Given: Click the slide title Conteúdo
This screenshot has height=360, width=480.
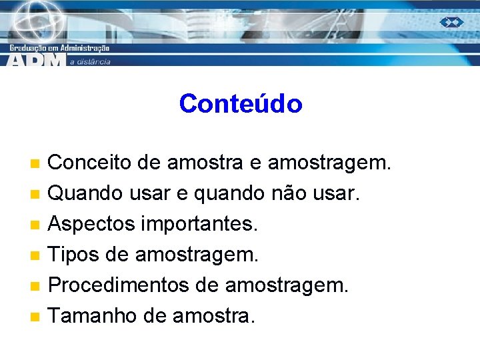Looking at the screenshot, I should pos(240,104).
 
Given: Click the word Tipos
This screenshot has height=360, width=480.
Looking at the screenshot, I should pos(73,255).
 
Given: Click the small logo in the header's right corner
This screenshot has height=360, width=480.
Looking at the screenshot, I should pos(451,22).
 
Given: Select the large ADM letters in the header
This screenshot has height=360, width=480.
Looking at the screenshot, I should pos(37,59).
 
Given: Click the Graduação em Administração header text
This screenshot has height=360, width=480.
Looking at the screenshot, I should pos(59,48).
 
